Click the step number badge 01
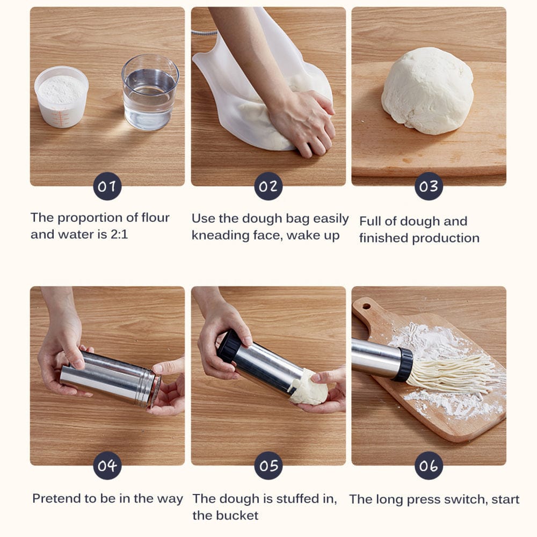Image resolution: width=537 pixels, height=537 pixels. coord(107,186)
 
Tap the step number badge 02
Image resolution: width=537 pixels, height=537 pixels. coord(268,186)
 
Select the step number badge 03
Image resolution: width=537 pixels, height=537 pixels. coord(429,186)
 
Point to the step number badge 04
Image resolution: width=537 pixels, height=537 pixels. coord(107,466)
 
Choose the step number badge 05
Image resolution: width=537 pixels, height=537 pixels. coord(268,466)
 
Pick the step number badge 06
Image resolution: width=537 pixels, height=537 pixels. coord(429,466)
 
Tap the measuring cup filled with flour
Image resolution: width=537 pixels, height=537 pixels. coord(61,97)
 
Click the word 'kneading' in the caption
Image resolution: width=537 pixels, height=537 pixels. coord(219,235)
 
